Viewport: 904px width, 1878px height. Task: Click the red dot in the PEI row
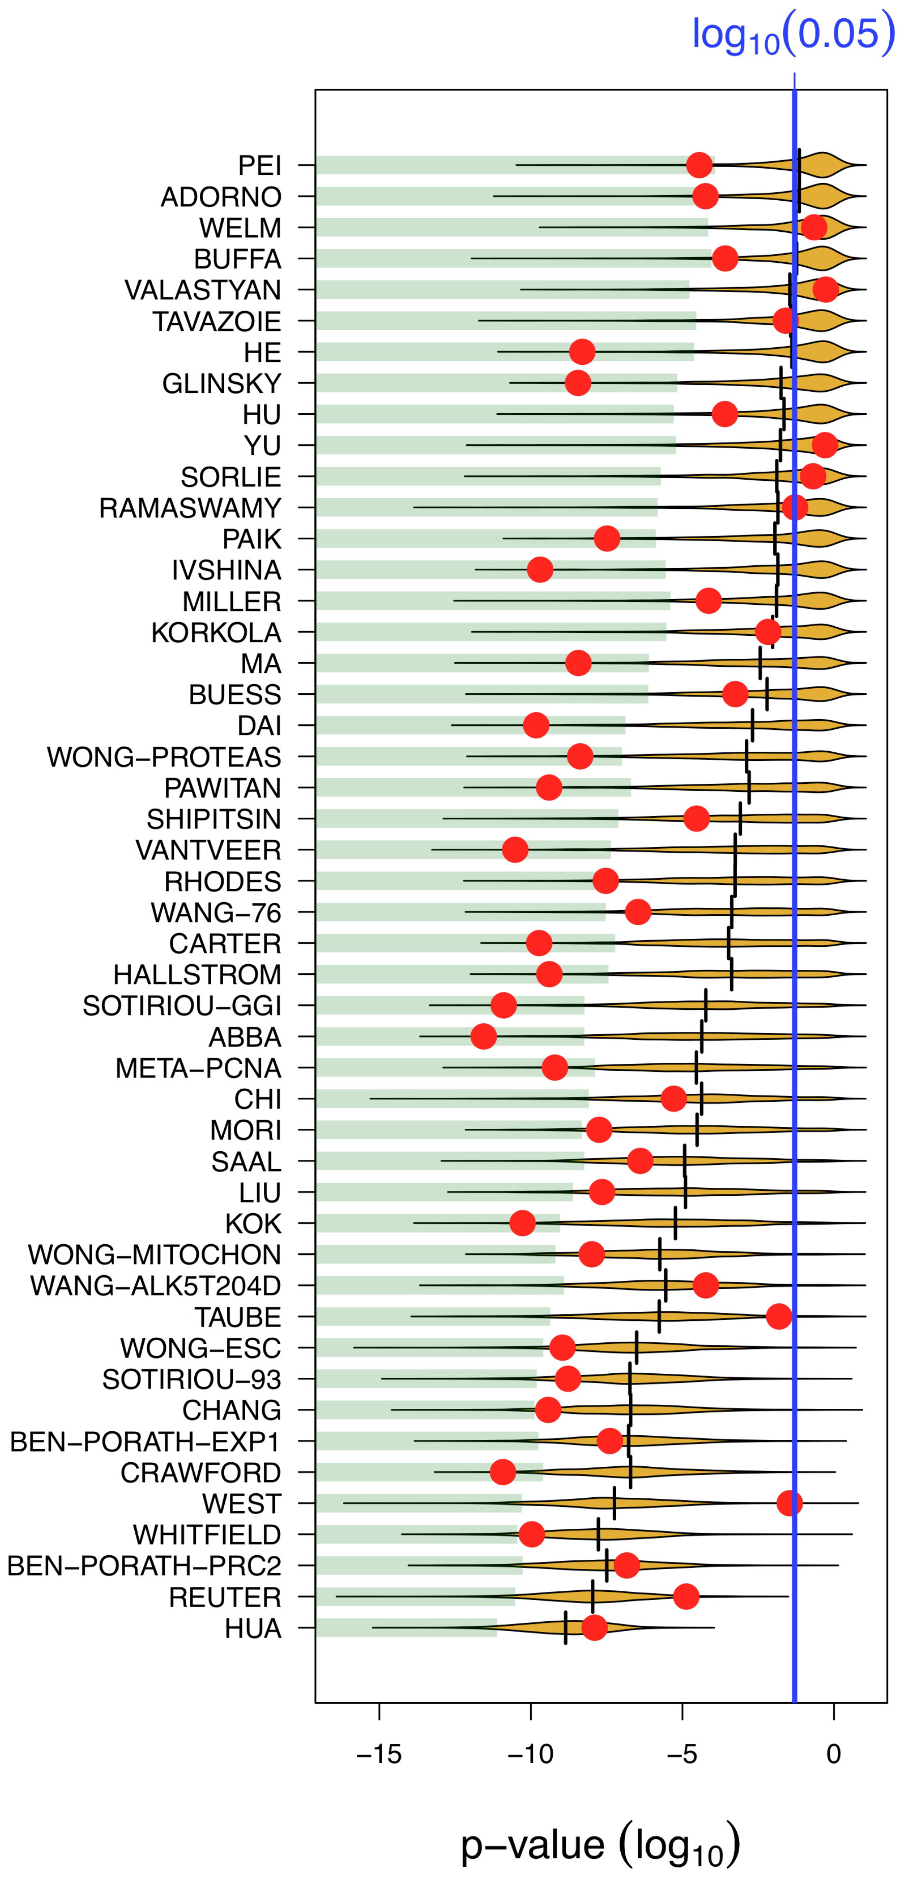tap(699, 165)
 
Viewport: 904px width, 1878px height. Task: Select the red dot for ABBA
tap(484, 1036)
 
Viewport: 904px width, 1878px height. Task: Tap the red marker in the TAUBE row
tap(779, 1317)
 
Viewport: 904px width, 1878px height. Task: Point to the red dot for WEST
tap(790, 1503)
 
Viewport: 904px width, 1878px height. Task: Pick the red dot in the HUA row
tap(594, 1627)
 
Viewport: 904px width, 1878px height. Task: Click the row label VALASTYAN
tap(203, 290)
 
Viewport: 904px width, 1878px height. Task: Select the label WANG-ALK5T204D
tap(155, 1286)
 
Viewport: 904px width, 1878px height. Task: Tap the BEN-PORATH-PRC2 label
tap(144, 1565)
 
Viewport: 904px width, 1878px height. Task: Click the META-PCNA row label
tap(198, 1068)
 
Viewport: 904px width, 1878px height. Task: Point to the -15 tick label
tap(379, 1754)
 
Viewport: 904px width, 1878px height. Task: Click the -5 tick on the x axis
tap(682, 1754)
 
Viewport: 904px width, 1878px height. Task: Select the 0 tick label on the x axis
tap(833, 1754)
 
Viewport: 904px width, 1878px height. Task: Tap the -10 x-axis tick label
tap(531, 1754)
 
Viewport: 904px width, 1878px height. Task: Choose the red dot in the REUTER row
tap(686, 1596)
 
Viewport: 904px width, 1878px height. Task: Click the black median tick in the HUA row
tap(566, 1627)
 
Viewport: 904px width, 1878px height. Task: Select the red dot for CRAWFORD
tap(502, 1472)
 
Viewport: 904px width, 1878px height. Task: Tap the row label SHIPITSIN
tap(214, 819)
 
